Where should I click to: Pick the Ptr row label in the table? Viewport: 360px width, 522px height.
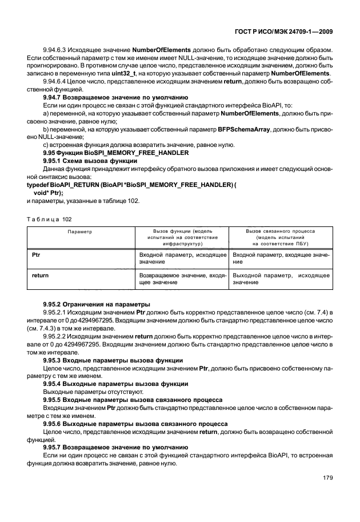pos(36,252)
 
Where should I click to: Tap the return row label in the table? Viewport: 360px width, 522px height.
pos(40,275)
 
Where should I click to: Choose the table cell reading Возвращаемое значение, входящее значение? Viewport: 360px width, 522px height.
pos(182,278)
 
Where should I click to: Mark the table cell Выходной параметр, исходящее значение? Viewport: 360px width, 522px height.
pos(281,278)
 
